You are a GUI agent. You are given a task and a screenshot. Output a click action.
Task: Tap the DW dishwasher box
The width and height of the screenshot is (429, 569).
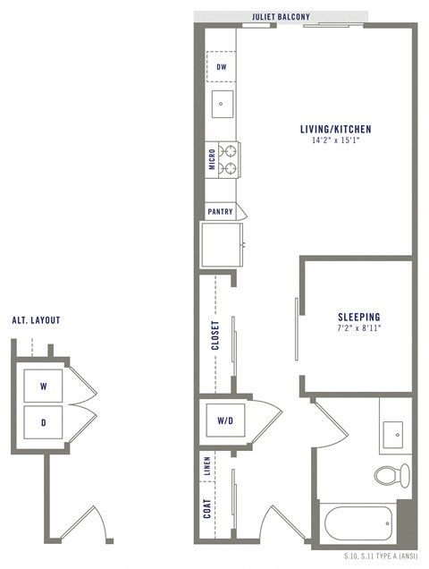(221, 66)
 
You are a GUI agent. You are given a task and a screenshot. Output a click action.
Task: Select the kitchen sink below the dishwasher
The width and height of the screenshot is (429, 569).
(221, 104)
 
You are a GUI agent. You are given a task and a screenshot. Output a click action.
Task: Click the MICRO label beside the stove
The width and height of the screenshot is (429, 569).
(212, 158)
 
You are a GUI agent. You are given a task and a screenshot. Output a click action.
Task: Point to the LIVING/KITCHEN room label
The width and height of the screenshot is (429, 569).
(335, 130)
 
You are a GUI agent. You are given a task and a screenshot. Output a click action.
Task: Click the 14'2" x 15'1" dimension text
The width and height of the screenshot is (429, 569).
(335, 140)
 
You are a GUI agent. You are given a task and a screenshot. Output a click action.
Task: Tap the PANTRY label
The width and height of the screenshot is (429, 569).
(220, 212)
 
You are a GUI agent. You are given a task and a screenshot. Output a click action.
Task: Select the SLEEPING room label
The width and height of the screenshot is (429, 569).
(359, 317)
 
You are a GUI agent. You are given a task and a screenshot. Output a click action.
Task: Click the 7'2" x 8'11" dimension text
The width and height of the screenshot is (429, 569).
(359, 328)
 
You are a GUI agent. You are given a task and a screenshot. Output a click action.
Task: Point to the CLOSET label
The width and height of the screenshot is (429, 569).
(214, 336)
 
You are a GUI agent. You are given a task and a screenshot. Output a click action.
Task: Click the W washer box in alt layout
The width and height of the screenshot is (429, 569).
(43, 386)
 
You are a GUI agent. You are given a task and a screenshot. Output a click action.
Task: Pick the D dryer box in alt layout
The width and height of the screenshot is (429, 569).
(43, 421)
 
